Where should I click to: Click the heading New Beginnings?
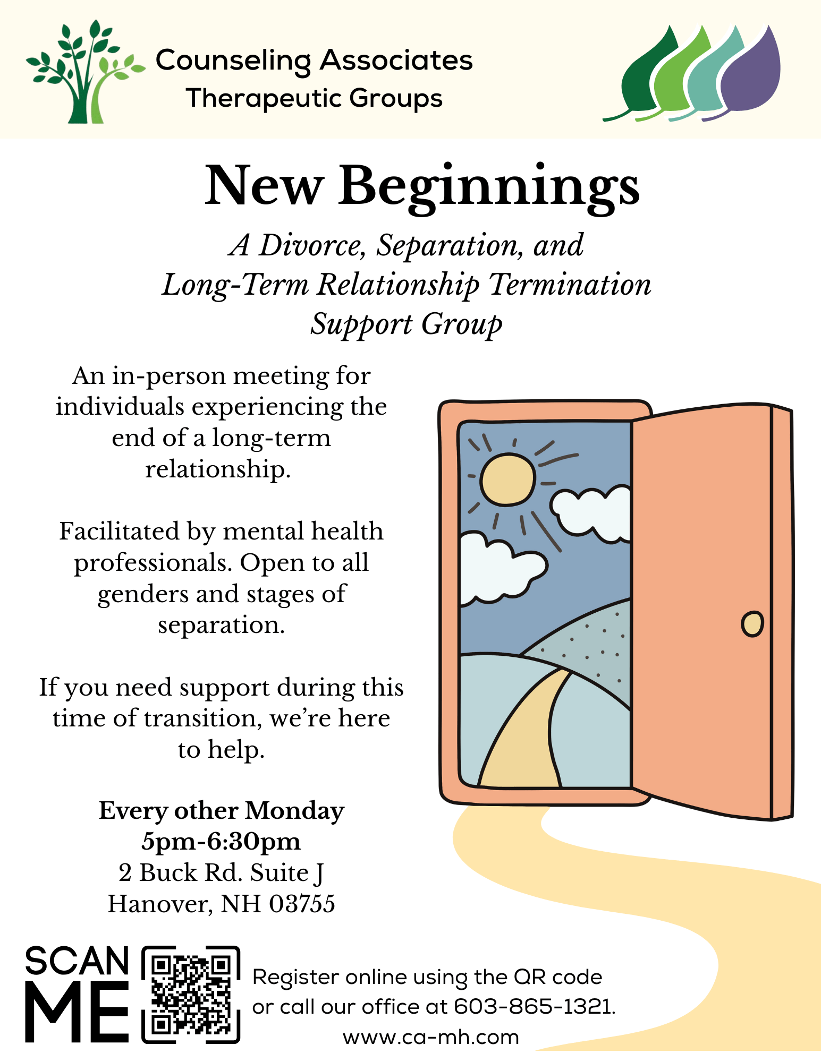tap(422, 187)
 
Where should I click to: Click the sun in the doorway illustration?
tap(507, 479)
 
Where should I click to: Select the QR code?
tap(191, 995)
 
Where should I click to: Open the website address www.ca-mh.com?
tap(431, 1037)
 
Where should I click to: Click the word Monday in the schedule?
tap(294, 811)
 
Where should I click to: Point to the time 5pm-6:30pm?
tap(221, 842)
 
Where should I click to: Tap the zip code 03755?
tap(302, 904)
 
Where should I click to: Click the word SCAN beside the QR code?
tap(77, 961)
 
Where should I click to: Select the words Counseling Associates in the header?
tap(314, 61)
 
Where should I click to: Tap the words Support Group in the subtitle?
tap(407, 324)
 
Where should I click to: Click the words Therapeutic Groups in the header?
tap(314, 99)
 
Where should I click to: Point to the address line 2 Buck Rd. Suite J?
tap(221, 873)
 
